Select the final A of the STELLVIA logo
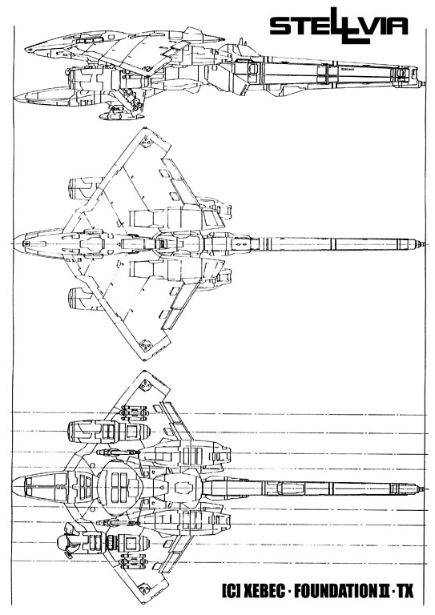coord(397,26)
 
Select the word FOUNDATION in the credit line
coord(335,590)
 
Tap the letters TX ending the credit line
coord(405,590)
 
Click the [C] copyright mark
coord(231,590)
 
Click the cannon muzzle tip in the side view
coord(424,83)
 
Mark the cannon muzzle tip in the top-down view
coord(424,244)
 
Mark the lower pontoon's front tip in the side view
coord(15,97)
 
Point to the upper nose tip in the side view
coord(26,50)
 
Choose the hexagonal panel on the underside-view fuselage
coord(183,487)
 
